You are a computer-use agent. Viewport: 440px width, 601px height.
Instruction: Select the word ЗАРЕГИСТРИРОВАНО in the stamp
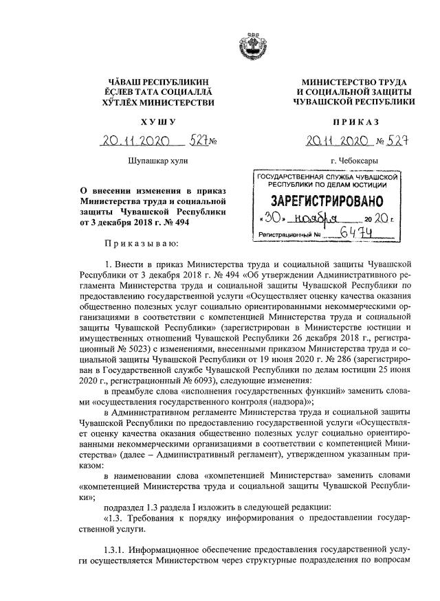point(324,203)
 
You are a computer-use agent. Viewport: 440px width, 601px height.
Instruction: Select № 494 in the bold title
point(173,223)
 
